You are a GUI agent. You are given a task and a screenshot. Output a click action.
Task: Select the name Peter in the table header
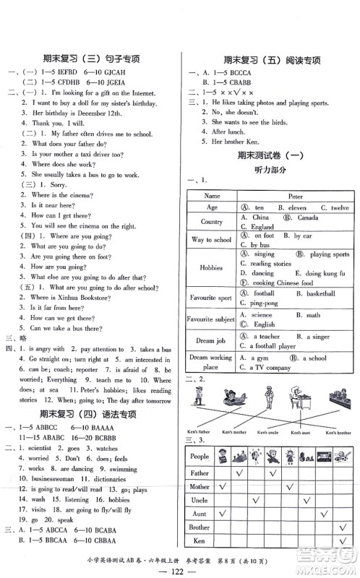coord(294,195)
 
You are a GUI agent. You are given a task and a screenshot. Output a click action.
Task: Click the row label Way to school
coord(212,240)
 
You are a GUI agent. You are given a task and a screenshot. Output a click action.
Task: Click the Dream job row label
coord(212,340)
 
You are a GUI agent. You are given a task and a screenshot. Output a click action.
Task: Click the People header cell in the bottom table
coord(200,457)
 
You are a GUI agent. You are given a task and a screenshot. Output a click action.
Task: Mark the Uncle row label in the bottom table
coord(200,500)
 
